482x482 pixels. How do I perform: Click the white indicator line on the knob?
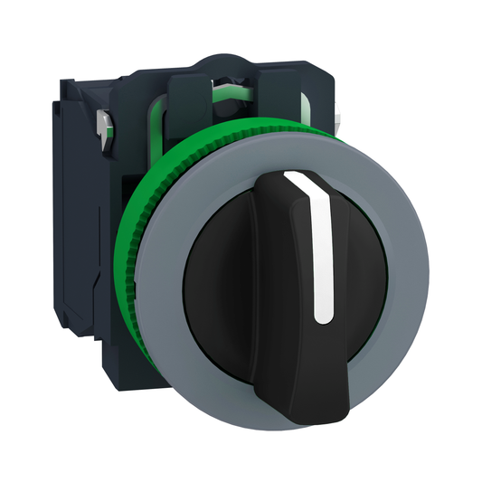click(x=319, y=253)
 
